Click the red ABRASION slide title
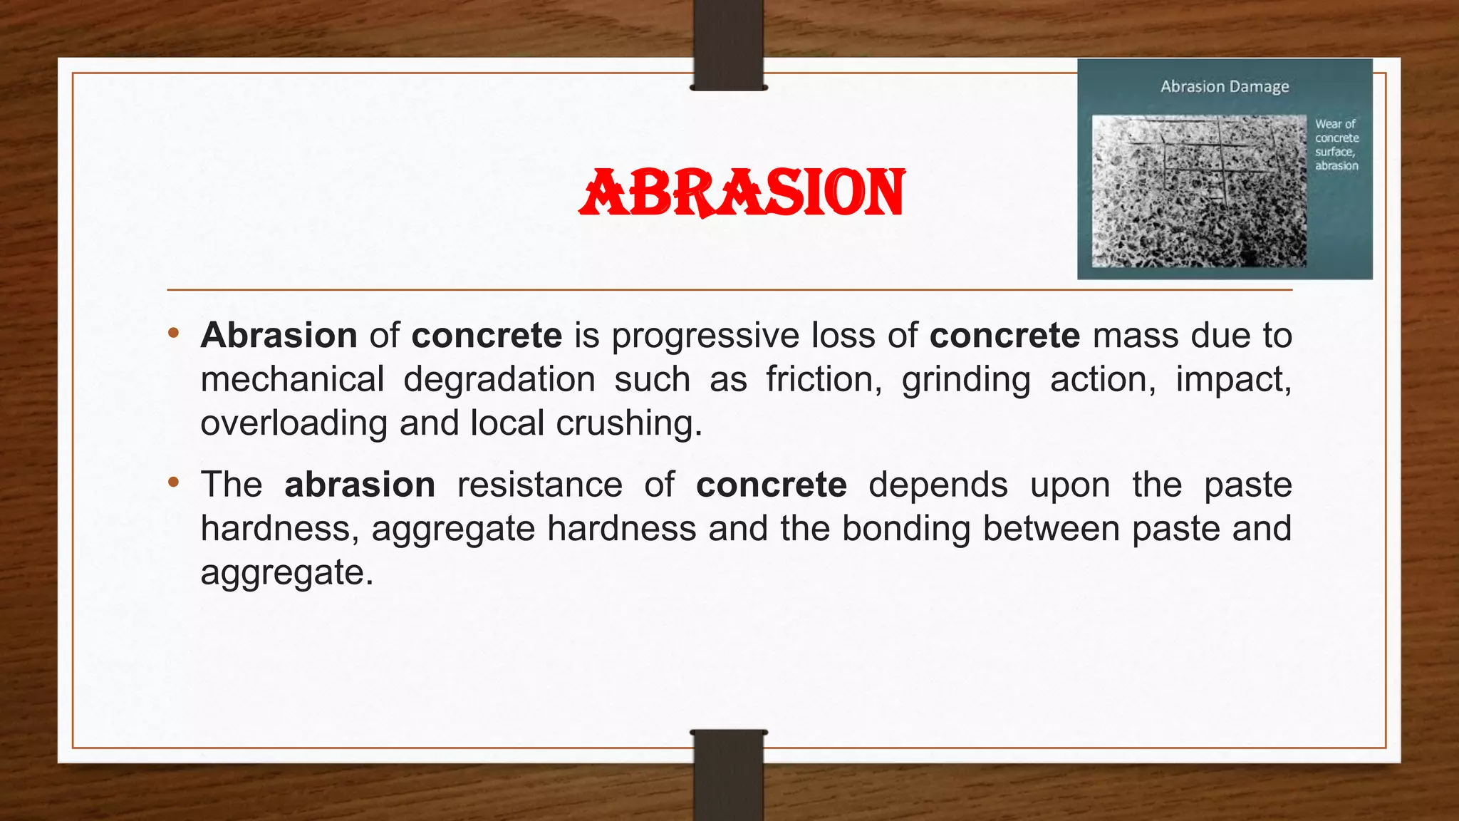[x=742, y=192]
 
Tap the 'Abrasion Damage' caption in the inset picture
[x=1225, y=86]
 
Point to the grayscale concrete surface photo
[x=1199, y=191]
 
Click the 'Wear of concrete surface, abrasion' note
[x=1336, y=145]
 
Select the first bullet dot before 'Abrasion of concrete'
[x=173, y=333]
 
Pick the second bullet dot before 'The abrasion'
[x=173, y=482]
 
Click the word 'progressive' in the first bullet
[x=705, y=336]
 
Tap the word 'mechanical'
[x=292, y=379]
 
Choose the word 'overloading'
[x=294, y=423]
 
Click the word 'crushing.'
[x=629, y=423]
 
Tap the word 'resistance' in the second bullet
[x=539, y=485]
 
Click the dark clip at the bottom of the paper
[x=729, y=775]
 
